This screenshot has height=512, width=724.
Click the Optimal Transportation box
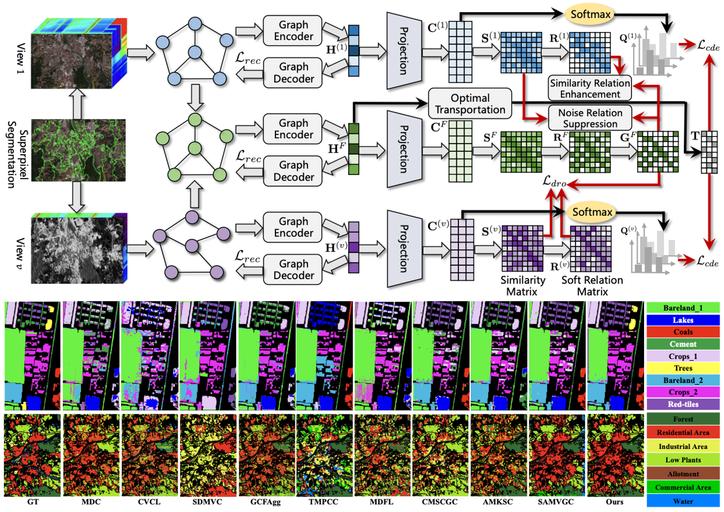[x=469, y=104]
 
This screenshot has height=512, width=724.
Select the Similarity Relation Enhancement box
[x=590, y=88]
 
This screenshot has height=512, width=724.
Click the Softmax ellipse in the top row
[x=590, y=14]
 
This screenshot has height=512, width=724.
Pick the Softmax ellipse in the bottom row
[x=592, y=212]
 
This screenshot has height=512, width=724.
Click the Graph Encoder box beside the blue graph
[x=293, y=31]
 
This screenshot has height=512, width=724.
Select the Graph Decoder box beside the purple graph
[x=293, y=270]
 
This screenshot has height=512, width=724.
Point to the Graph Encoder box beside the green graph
[x=293, y=129]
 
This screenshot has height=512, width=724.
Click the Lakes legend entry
[x=683, y=320]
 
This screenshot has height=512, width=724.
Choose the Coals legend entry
[x=683, y=332]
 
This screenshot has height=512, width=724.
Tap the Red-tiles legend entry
[x=683, y=404]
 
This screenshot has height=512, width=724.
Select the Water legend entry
[x=683, y=501]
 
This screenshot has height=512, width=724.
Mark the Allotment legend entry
[x=683, y=473]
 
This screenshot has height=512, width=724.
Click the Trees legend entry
[x=683, y=368]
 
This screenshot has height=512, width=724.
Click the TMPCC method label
[x=324, y=502]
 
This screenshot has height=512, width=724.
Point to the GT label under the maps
[x=33, y=502]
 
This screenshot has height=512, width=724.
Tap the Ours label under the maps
[x=614, y=502]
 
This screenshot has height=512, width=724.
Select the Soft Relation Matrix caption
[x=592, y=285]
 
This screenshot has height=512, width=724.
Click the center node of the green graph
[x=193, y=148]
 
